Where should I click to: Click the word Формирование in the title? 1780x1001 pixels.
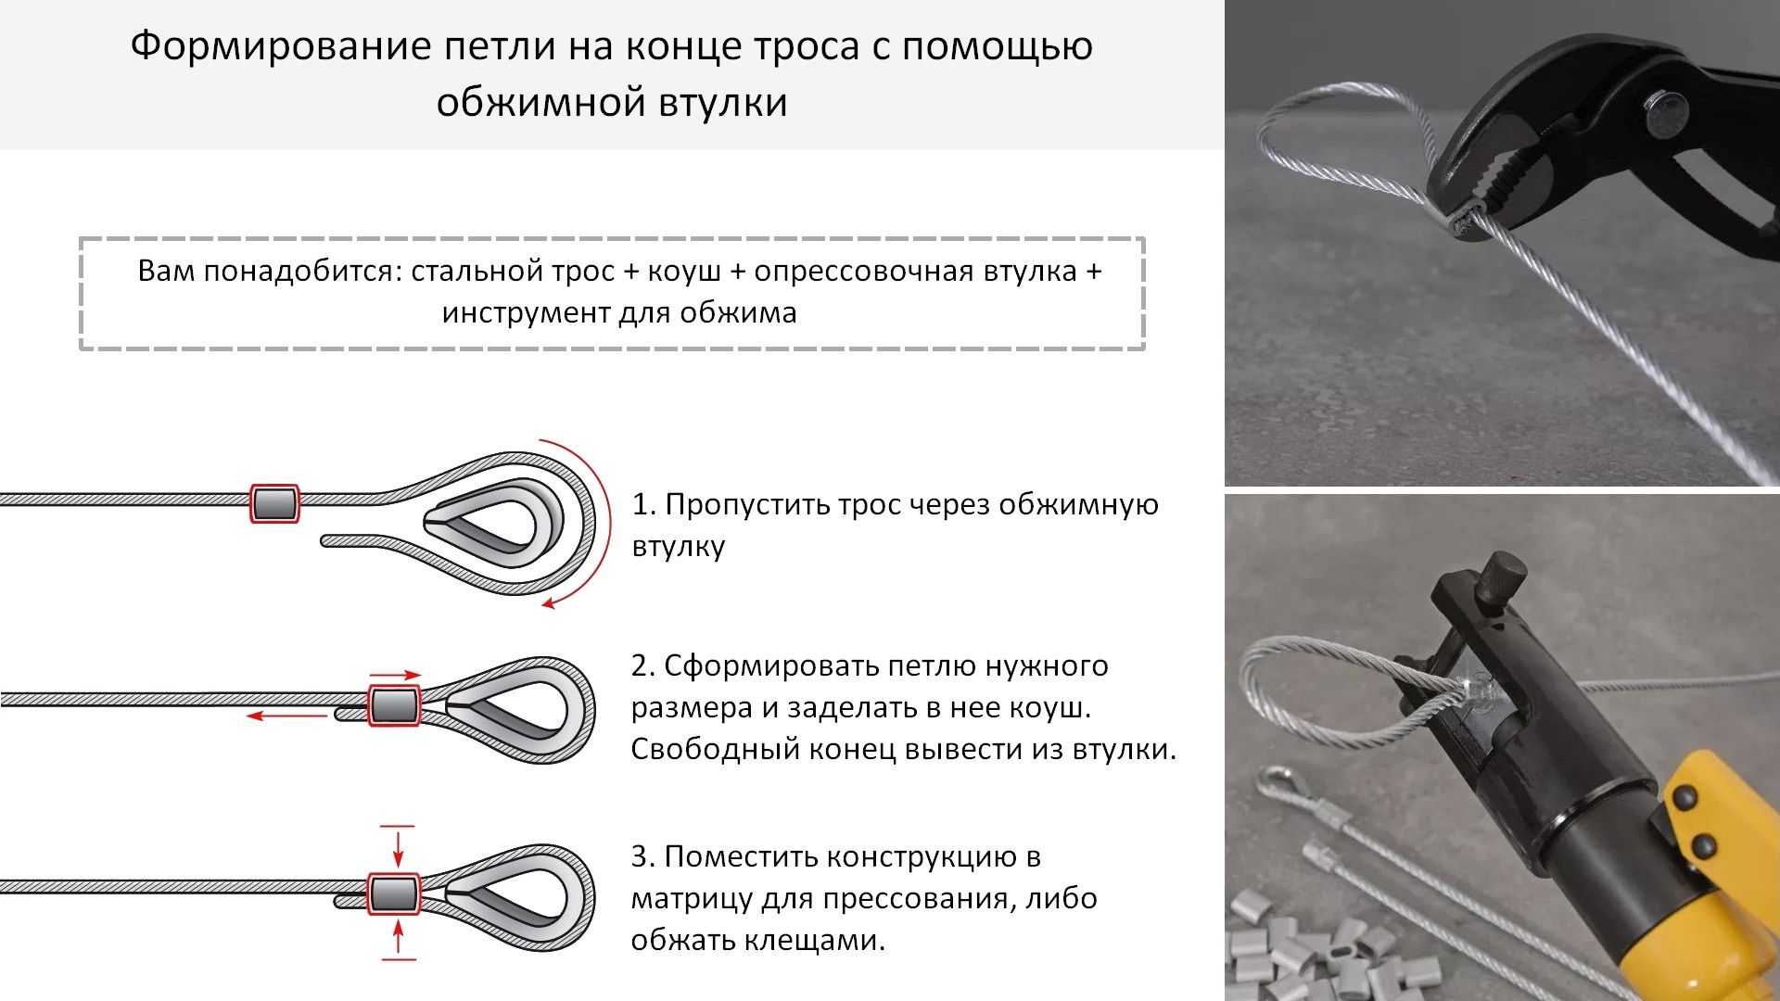(x=280, y=46)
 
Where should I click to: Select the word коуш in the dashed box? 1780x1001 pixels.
(x=684, y=271)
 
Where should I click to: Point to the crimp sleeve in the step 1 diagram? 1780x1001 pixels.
(x=275, y=503)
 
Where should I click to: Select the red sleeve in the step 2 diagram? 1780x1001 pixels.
(x=394, y=706)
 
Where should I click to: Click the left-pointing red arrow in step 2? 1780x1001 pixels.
(x=286, y=716)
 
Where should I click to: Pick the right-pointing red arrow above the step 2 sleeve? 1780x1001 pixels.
(x=395, y=676)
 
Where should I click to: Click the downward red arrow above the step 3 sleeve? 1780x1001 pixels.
(x=399, y=846)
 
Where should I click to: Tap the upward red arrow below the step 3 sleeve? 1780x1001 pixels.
(x=399, y=938)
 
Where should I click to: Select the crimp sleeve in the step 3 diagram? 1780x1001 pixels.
(x=394, y=893)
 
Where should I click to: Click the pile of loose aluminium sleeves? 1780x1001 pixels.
(x=1316, y=955)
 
